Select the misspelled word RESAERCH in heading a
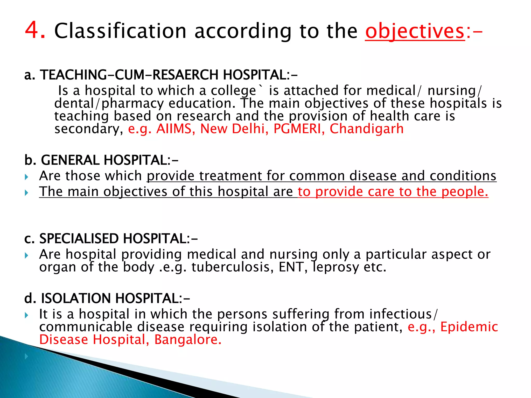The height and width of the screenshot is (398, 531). [186, 75]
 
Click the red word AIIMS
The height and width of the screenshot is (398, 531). [174, 129]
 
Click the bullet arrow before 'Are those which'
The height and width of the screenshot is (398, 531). [26, 177]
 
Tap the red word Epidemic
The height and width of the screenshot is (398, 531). [469, 327]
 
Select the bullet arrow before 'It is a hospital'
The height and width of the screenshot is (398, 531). [26, 315]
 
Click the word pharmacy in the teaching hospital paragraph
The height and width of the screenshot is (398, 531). [132, 104]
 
